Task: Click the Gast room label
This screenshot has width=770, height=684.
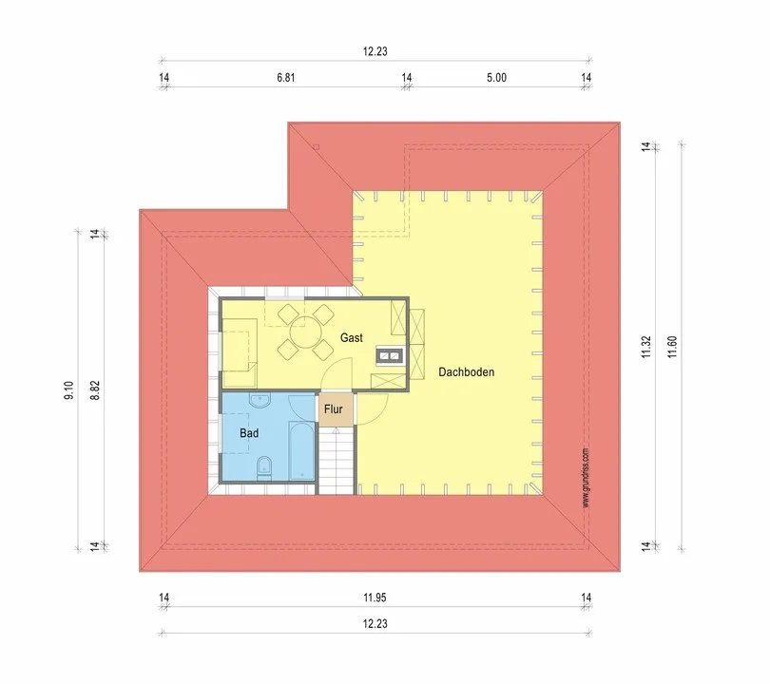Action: (x=352, y=337)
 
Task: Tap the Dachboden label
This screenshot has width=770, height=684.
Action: (x=466, y=372)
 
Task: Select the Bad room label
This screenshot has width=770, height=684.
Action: (x=249, y=433)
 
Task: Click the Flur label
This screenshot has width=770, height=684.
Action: (x=333, y=409)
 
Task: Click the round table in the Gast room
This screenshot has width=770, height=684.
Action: (x=305, y=332)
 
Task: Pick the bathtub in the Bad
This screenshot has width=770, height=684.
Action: (x=301, y=450)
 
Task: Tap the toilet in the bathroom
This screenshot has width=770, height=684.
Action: (x=264, y=468)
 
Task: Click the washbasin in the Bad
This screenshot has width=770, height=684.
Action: (x=260, y=400)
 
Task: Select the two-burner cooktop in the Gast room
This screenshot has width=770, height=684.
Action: (x=390, y=355)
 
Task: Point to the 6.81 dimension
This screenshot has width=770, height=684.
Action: (x=286, y=78)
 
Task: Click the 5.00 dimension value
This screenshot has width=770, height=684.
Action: (x=496, y=78)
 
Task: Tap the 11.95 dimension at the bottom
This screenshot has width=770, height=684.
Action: (x=375, y=598)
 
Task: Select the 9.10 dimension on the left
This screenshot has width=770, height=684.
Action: (x=68, y=390)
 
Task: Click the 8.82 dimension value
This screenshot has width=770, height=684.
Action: (x=95, y=390)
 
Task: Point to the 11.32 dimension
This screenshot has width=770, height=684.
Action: (x=646, y=347)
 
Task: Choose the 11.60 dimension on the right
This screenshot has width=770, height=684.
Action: (x=673, y=347)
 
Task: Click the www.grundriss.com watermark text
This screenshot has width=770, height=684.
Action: (x=586, y=478)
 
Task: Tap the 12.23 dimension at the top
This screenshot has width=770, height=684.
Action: (x=375, y=51)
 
